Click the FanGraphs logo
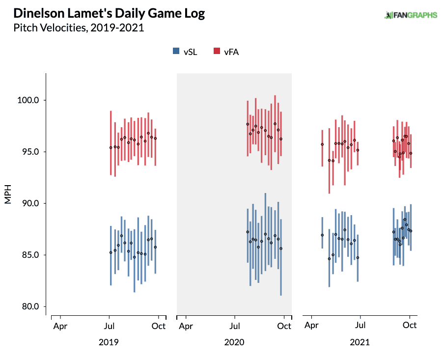[x=411, y=15]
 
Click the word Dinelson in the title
[x=38, y=13]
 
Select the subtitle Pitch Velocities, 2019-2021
[x=79, y=28]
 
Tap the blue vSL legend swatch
[x=176, y=51]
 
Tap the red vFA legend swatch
[x=217, y=51]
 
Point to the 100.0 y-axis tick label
[x=28, y=100]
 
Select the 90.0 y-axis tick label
[x=30, y=203]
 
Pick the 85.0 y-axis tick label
[x=30, y=255]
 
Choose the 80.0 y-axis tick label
[x=30, y=306]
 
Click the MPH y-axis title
[x=8, y=194]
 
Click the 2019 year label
[x=109, y=342]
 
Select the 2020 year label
[x=234, y=342]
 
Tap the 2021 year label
[x=360, y=342]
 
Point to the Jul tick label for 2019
[x=109, y=326]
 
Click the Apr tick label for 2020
[x=186, y=326]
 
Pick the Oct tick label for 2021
[x=410, y=325]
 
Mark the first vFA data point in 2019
[x=111, y=147]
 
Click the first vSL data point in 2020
[x=248, y=232]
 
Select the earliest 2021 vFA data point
[x=322, y=144]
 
